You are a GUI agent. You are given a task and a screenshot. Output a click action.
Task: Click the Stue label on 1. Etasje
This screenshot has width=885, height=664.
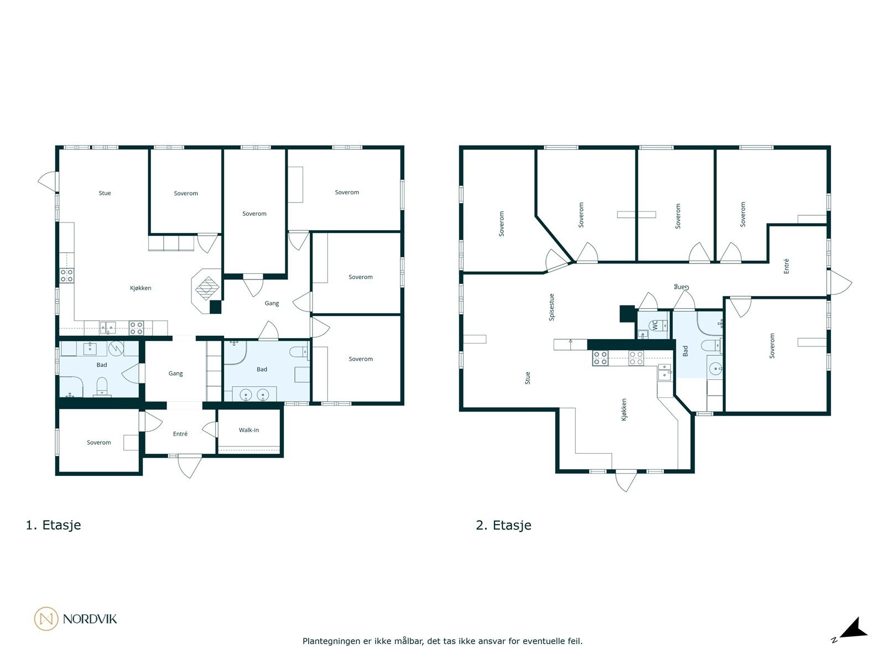(105, 193)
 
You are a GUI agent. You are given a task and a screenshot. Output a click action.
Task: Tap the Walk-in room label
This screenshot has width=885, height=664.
(249, 430)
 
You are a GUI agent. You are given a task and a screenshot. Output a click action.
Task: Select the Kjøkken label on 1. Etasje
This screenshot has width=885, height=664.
(140, 288)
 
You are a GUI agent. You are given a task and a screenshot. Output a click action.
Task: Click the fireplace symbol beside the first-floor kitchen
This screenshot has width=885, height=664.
(208, 287)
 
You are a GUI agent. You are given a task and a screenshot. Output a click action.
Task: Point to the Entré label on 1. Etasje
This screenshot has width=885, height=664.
(180, 434)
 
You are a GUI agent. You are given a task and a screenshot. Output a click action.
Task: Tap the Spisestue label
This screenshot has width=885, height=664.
(551, 307)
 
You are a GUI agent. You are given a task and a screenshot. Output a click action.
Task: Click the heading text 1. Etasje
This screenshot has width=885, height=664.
(53, 525)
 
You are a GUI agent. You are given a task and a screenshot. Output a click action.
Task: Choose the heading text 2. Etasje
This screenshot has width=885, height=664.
(503, 525)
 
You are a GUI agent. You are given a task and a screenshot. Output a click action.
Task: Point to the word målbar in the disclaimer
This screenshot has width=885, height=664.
(403, 641)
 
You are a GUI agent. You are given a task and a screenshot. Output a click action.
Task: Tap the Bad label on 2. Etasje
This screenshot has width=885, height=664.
(685, 351)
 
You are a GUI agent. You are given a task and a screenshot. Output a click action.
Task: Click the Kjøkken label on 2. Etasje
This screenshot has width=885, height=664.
(624, 410)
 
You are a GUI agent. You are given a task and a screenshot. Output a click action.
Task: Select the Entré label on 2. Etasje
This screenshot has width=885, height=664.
(786, 266)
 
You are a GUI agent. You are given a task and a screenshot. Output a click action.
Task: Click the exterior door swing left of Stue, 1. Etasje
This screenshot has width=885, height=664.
(48, 179)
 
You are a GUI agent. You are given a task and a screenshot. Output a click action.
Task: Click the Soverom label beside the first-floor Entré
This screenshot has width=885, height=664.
(99, 443)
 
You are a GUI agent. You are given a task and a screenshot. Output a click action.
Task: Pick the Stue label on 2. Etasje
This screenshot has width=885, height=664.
(527, 378)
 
